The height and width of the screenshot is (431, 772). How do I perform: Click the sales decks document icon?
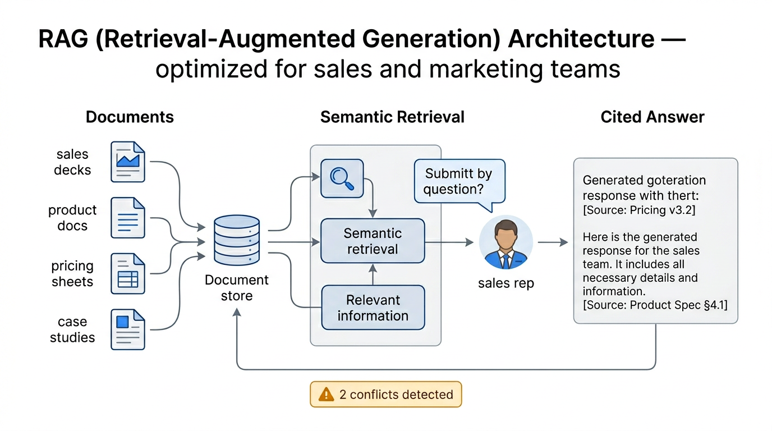[128, 162]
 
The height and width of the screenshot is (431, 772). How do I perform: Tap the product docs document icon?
[128, 218]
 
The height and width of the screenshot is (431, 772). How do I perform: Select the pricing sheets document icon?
[128, 274]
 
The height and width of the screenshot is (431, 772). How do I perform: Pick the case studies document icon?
[128, 329]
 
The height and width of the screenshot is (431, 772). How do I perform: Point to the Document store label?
[237, 288]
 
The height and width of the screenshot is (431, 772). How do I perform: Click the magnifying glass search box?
[342, 178]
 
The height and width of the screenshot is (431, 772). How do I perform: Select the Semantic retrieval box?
[373, 241]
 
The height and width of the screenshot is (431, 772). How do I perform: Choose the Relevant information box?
[373, 308]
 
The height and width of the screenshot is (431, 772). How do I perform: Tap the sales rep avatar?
[506, 242]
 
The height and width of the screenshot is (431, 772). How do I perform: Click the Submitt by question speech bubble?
[459, 181]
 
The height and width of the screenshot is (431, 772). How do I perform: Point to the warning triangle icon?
[326, 395]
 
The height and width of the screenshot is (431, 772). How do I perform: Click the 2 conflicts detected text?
[396, 395]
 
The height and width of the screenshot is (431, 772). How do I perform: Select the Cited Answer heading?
[652, 117]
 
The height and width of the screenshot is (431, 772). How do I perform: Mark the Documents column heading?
[130, 117]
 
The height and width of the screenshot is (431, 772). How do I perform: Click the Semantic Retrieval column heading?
[392, 117]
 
